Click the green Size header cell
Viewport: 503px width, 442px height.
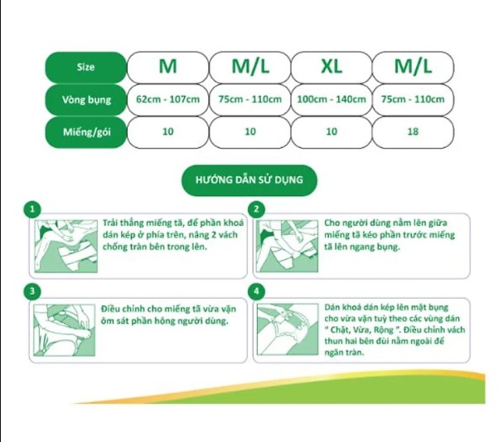[x=85, y=67]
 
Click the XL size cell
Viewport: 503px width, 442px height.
[x=331, y=67]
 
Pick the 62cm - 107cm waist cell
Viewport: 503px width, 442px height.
[x=167, y=99]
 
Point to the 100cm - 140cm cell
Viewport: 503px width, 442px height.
[x=331, y=99]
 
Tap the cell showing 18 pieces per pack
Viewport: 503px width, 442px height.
[x=413, y=132]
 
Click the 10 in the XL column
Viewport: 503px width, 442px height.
[x=331, y=132]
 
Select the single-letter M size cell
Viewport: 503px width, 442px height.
[x=167, y=67]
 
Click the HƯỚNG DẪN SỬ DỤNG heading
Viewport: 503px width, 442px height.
[x=249, y=180]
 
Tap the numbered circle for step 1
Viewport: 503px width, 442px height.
[x=32, y=209]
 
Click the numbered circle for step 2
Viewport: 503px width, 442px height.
[x=256, y=209]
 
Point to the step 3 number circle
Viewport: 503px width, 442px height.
[x=32, y=291]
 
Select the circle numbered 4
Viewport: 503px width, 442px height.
[x=256, y=291]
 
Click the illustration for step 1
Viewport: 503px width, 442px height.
[x=66, y=246]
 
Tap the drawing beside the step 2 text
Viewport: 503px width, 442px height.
[x=287, y=246]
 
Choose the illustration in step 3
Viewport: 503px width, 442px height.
[x=65, y=330]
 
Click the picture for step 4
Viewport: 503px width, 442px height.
[x=288, y=329]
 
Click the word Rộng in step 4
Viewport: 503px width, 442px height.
[x=384, y=330]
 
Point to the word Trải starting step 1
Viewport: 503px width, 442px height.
[x=110, y=223]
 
